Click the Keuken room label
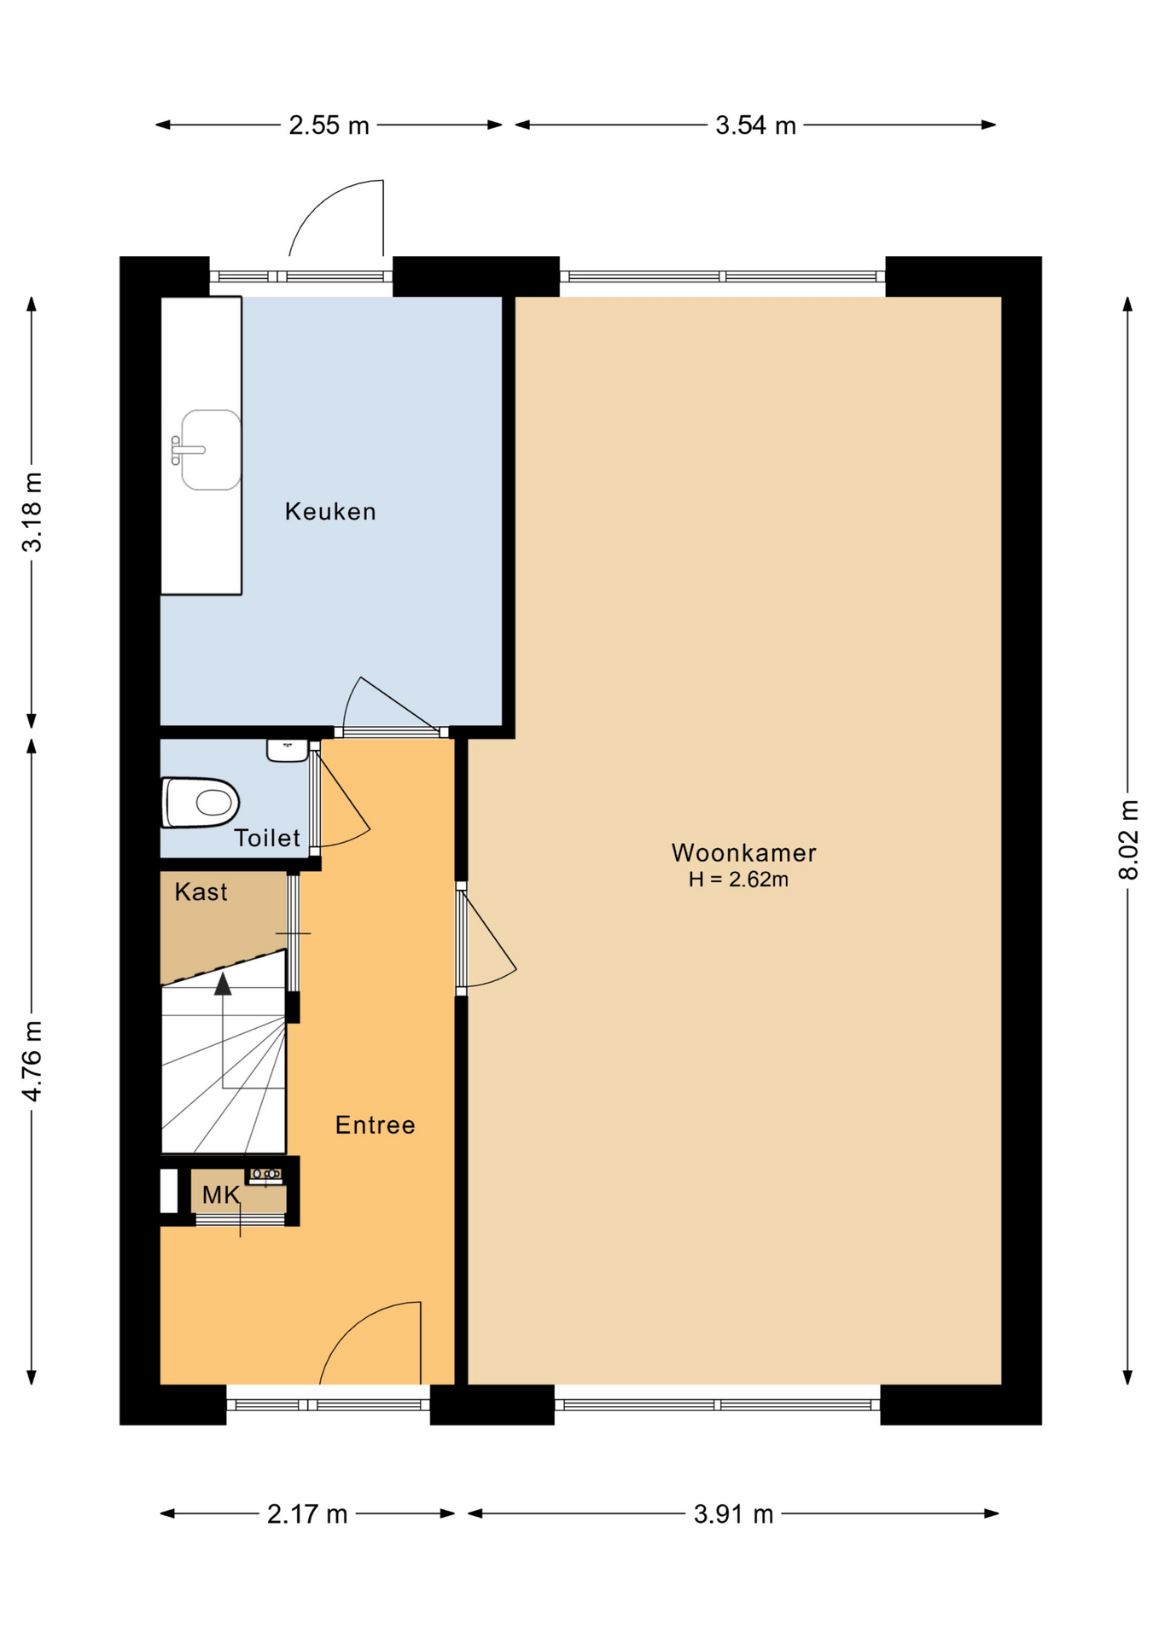pos(330,512)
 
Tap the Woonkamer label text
pos(743,853)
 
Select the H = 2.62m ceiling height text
pos(738,880)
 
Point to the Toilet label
pos(267,839)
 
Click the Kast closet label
pos(201,892)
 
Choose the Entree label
pos(375,1125)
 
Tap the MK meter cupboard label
pos(220,1195)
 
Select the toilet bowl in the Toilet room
pos(201,802)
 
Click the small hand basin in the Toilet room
pos(287,750)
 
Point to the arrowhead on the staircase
pos(223,984)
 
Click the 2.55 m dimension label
pos(329,125)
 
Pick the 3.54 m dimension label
pos(755,125)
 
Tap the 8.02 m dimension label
pos(1128,840)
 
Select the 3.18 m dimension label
pos(32,512)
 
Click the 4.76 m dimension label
pos(32,1061)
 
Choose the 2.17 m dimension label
pos(307,1514)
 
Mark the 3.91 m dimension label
pos(733,1514)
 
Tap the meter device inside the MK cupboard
pos(266,1176)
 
